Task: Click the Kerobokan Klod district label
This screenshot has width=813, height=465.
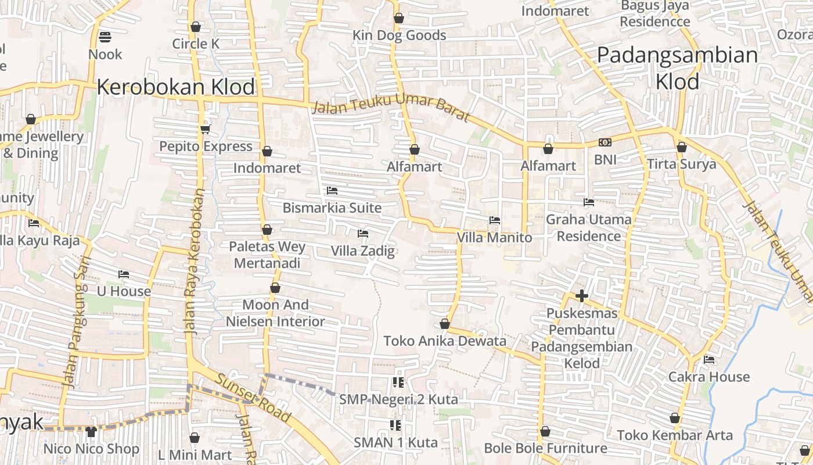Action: click(175, 87)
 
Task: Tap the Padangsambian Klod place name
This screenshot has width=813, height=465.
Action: click(677, 69)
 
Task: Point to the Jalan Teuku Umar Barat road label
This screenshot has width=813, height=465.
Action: click(390, 108)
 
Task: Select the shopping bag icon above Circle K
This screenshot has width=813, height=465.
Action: click(196, 27)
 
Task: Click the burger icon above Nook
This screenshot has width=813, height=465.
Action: click(105, 37)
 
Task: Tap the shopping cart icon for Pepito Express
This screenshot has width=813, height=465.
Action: click(205, 129)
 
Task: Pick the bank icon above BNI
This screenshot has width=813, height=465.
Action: click(605, 142)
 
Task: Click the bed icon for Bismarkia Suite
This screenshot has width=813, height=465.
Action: click(332, 191)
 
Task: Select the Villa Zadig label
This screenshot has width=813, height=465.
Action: click(362, 251)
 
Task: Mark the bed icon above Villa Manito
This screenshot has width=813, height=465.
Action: click(495, 220)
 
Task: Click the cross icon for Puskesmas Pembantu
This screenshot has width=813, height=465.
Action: click(582, 296)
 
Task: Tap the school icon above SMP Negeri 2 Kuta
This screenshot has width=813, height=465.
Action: click(398, 382)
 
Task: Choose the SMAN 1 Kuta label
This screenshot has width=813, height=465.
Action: click(395, 442)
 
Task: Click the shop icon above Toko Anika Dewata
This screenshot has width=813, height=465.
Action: click(445, 324)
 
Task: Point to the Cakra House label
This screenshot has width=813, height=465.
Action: click(708, 377)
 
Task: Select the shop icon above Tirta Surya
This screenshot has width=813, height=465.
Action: click(682, 148)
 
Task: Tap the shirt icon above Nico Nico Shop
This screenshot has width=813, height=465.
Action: click(91, 431)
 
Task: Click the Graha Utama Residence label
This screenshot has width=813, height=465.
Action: click(588, 228)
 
